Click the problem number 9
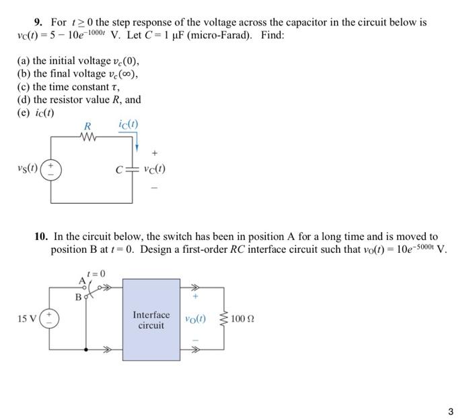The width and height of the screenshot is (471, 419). coord(38,22)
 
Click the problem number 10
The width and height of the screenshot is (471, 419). coord(41,237)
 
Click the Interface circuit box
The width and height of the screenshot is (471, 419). coord(151,320)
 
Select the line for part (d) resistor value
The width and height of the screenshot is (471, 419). coord(79,100)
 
